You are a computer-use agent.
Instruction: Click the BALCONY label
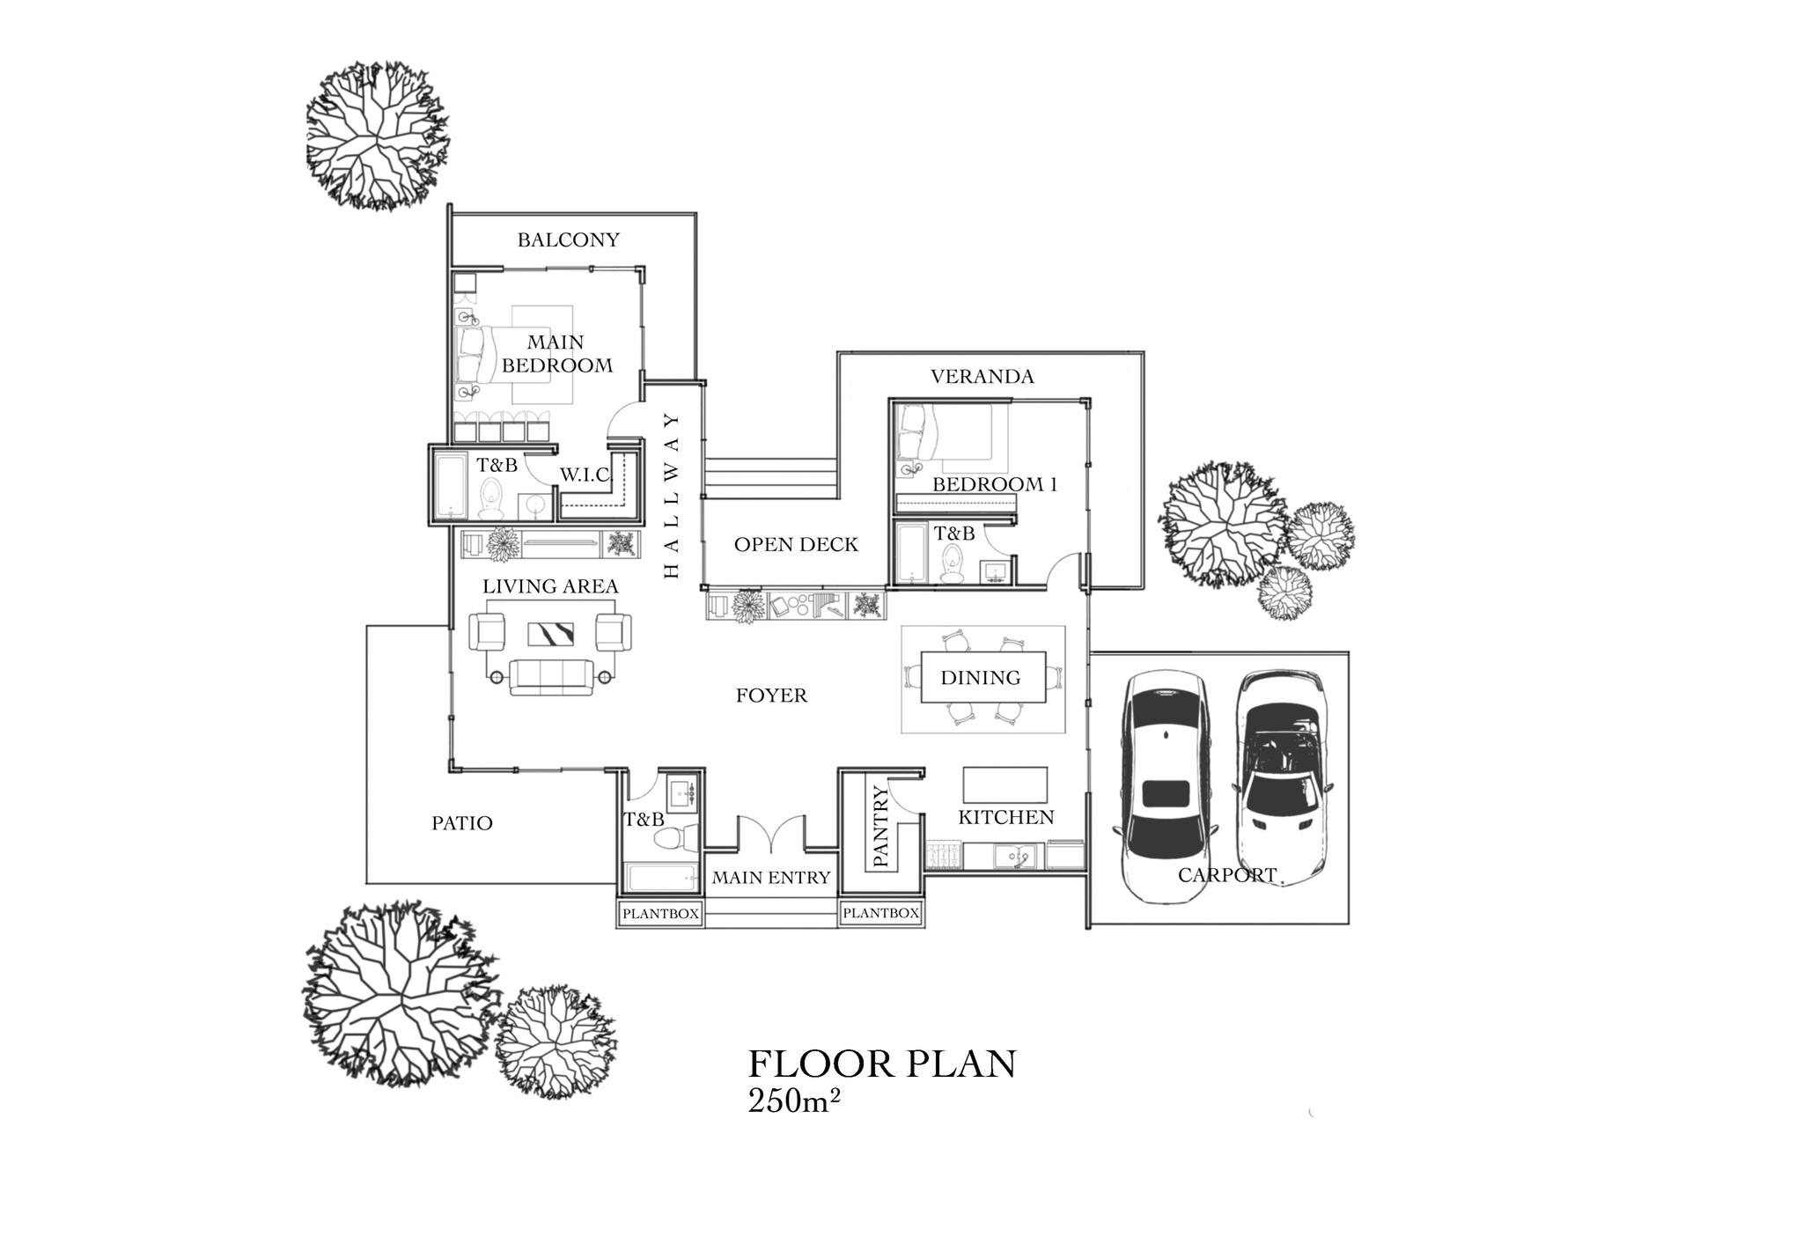pos(568,239)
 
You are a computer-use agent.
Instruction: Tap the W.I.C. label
pos(585,475)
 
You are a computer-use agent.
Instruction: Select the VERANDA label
pos(982,377)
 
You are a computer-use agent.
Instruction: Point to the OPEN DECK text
pos(796,545)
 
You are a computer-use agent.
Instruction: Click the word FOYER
pos(771,696)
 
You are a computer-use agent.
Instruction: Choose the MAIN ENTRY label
pos(771,878)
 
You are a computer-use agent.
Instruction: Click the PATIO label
pos(461,823)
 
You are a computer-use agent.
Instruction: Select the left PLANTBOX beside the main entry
pos(660,914)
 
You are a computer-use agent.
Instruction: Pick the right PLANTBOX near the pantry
pos(880,914)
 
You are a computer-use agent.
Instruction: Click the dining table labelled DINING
pos(982,677)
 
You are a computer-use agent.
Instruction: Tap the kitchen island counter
pos(1005,784)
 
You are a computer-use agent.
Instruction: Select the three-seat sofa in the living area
pos(550,677)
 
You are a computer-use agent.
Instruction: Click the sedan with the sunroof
pos(1165,784)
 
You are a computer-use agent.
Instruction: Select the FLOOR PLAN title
pos(882,1064)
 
